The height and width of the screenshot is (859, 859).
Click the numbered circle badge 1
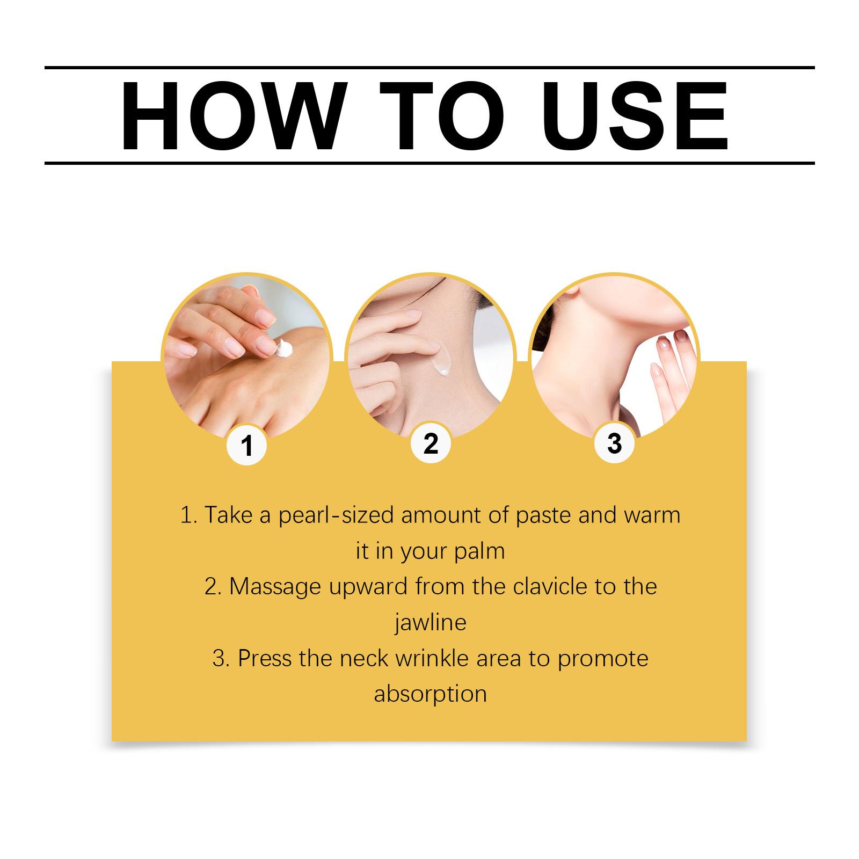click(246, 445)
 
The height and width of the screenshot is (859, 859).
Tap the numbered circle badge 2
click(430, 444)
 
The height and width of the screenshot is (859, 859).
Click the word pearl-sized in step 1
click(337, 516)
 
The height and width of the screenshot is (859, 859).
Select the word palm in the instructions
click(479, 552)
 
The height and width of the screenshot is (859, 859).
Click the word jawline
click(430, 623)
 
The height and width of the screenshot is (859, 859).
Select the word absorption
click(430, 694)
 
